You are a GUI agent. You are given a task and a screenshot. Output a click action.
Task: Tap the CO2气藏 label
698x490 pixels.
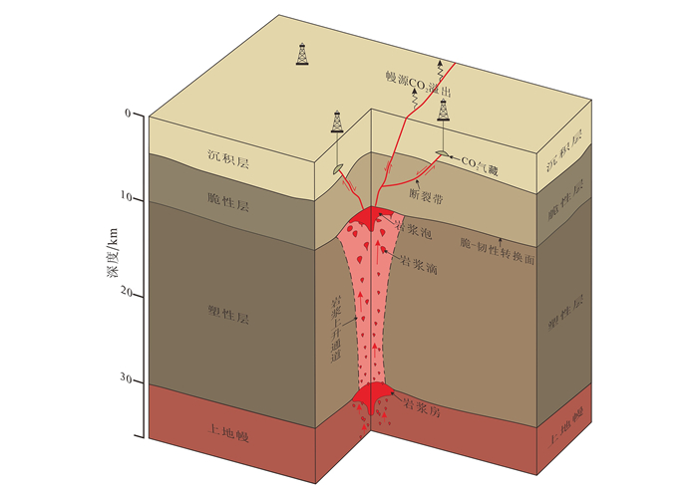click(481, 158)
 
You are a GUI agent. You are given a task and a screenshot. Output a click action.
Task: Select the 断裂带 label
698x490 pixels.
click(427, 197)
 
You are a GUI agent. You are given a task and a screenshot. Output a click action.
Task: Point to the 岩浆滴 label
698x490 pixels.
click(417, 264)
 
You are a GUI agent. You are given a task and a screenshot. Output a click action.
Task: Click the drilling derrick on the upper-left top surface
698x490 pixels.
click(302, 55)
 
